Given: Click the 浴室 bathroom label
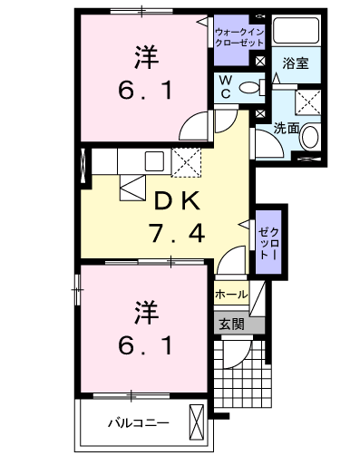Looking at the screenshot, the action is (296, 63).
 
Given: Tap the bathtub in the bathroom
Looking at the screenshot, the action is (296, 30).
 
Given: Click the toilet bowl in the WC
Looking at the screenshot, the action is (249, 88).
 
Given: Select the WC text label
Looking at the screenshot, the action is (226, 88).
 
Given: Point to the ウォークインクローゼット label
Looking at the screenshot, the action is (239, 37).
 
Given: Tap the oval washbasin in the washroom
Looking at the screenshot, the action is (310, 137).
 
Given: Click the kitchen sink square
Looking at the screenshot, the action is (154, 160).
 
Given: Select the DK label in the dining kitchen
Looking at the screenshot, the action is (177, 201).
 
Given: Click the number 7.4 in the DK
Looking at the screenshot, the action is (177, 233).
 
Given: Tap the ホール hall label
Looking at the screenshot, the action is (231, 295).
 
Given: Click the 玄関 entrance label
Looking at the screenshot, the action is (232, 325).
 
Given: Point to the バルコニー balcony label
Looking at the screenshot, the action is (139, 423).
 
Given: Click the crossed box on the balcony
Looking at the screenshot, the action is (197, 422).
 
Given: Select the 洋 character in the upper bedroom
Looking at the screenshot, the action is (146, 57).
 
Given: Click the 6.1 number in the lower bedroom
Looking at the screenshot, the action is (146, 345).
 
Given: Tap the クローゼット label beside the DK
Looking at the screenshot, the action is (268, 243).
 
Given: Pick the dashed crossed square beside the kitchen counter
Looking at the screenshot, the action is (187, 162).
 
